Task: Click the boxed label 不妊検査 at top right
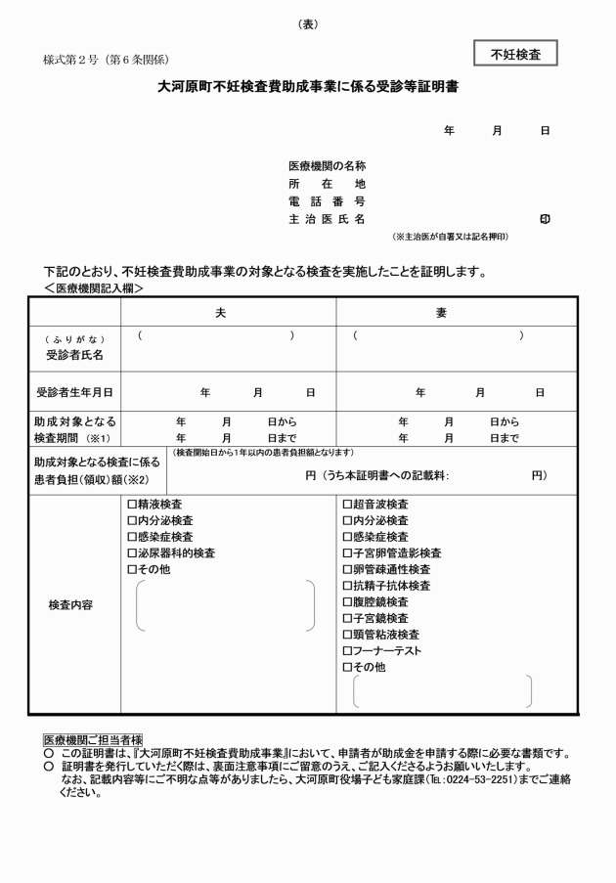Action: (515, 54)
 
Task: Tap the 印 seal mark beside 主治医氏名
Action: (545, 220)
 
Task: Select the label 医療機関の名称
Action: (327, 166)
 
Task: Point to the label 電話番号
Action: (327, 201)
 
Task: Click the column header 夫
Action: (221, 312)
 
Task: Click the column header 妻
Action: (441, 312)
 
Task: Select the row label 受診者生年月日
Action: (74, 392)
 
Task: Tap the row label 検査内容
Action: (70, 604)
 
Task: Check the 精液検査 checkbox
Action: (132, 505)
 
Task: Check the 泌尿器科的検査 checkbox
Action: (132, 552)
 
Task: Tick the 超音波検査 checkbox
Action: (347, 505)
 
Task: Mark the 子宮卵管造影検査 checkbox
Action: (347, 552)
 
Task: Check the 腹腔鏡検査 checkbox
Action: (347, 602)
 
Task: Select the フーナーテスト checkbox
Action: (347, 650)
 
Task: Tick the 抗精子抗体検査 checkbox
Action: (347, 586)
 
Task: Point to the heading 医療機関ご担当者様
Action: (94, 739)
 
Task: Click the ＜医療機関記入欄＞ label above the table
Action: (94, 288)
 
